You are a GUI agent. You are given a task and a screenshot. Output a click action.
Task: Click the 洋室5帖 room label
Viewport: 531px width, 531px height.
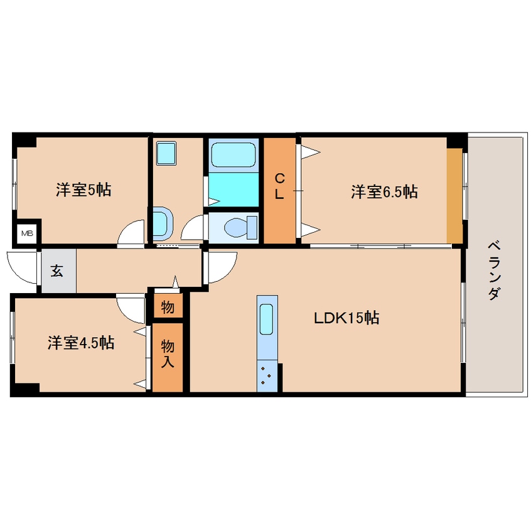[83, 190]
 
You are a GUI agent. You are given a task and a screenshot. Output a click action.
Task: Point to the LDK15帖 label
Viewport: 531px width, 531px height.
[346, 318]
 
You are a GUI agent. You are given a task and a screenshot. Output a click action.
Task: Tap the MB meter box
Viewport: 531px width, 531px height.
[27, 233]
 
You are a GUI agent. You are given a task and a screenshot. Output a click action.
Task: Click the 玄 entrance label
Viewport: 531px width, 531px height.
[57, 271]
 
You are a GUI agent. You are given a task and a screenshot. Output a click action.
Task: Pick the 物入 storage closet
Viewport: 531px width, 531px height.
[168, 356]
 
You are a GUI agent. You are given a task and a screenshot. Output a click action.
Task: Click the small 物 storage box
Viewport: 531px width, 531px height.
[168, 306]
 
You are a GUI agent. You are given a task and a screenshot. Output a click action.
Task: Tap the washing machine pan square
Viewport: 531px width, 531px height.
[166, 153]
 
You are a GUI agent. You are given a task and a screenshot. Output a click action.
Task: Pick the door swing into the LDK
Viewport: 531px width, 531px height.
[222, 265]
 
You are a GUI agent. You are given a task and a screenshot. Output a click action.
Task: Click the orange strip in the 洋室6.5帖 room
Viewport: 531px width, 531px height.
[454, 195]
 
